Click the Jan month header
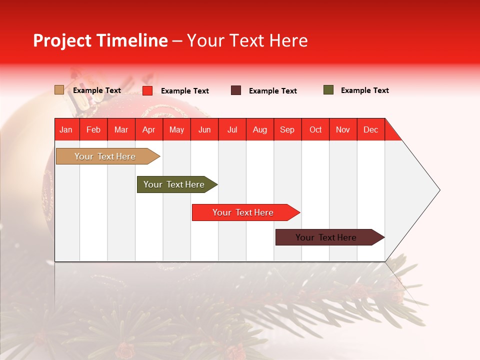point(66,129)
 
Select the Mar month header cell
point(121,129)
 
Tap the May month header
point(176,129)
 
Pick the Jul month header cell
point(232,129)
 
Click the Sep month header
point(287,129)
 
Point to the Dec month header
point(370,129)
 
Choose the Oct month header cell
point(315,129)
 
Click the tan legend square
point(59,90)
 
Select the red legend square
point(147,90)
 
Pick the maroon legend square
point(236,90)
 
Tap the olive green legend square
point(328,90)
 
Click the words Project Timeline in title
point(100,40)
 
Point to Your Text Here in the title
point(247,40)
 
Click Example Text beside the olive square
point(364,90)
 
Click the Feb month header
point(93,129)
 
